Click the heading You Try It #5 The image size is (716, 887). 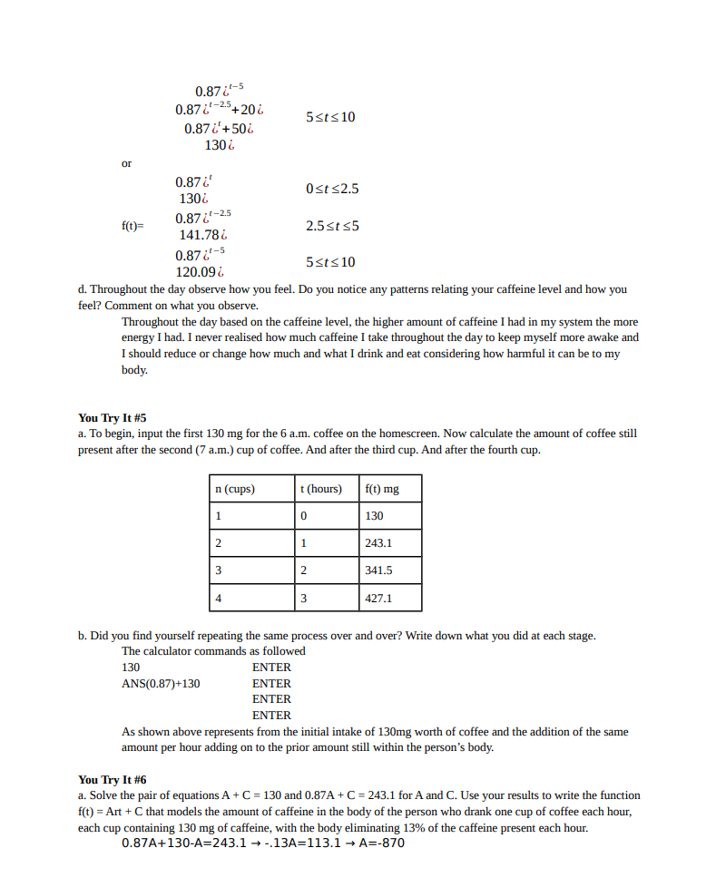pyautogui.click(x=112, y=418)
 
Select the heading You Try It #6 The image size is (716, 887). pyautogui.click(x=112, y=779)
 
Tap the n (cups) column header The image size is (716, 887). pyautogui.click(x=234, y=489)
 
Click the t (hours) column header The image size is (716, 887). pyautogui.click(x=320, y=489)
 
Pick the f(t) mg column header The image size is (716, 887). pyautogui.click(x=381, y=489)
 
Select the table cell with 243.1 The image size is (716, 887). pyautogui.click(x=378, y=543)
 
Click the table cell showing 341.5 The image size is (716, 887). pyautogui.click(x=378, y=570)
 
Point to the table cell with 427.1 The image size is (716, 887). pyautogui.click(x=378, y=599)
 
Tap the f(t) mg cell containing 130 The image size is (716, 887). pyautogui.click(x=374, y=516)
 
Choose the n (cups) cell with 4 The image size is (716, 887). pyautogui.click(x=218, y=599)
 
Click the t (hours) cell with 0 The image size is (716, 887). pyautogui.click(x=303, y=516)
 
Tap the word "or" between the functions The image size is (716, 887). pyautogui.click(x=127, y=163)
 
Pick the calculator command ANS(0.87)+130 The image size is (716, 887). pyautogui.click(x=161, y=683)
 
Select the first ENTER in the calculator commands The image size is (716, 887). pyautogui.click(x=271, y=667)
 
